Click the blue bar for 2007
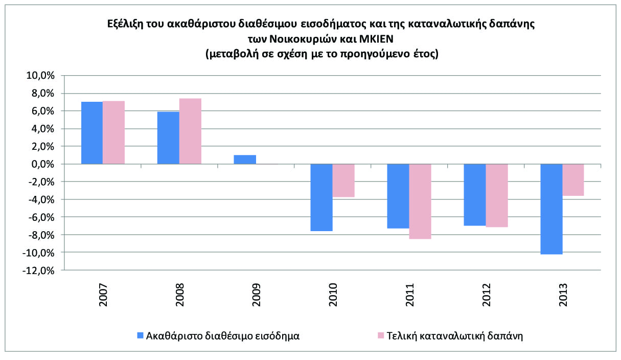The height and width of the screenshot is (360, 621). (92, 133)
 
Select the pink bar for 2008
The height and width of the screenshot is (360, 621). (190, 131)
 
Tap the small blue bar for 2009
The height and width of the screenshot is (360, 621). (245, 159)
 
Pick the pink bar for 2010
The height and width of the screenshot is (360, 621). (343, 181)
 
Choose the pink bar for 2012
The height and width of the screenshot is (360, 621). (497, 195)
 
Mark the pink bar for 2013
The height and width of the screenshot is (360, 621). (573, 180)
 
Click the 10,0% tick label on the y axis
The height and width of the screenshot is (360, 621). (40, 76)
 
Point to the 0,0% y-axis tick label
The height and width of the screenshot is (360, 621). (42, 164)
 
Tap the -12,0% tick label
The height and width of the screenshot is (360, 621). (38, 271)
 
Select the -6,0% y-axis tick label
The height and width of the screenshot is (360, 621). (40, 217)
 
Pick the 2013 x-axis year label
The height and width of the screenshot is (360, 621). (563, 295)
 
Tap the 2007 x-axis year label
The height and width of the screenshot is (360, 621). (103, 295)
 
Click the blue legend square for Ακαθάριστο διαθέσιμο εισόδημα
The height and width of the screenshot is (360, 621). (140, 336)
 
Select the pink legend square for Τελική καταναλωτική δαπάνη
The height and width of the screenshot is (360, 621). (380, 336)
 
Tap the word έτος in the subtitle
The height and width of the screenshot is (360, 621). (424, 54)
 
